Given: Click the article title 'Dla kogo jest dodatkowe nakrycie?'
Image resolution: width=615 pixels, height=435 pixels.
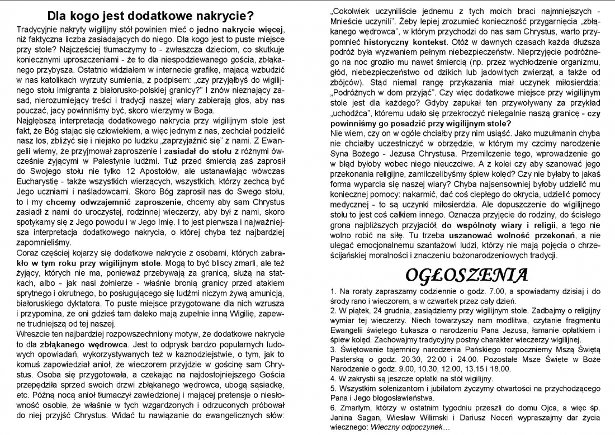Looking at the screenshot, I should [150, 16].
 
